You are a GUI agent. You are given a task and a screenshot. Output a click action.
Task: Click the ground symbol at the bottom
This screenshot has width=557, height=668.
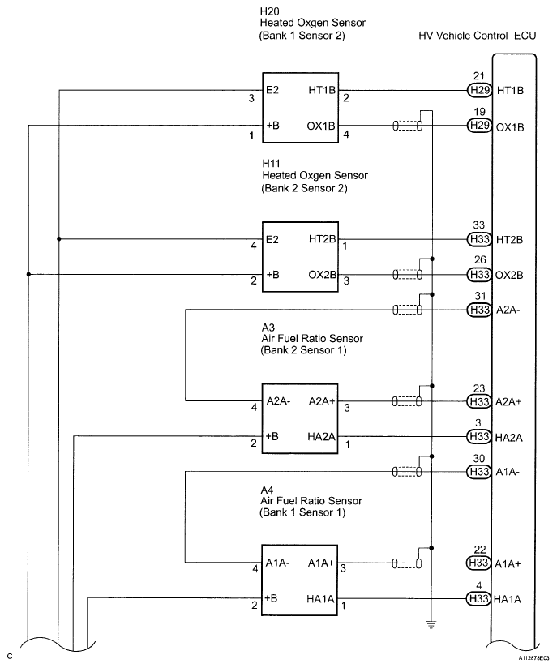[x=431, y=625]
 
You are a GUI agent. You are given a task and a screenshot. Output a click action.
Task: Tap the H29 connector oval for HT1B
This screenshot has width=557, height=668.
[x=479, y=90]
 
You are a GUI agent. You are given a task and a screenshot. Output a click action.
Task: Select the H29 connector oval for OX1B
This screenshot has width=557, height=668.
[x=479, y=126]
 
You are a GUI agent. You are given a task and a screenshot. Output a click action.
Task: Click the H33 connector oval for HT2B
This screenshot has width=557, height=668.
[x=479, y=239]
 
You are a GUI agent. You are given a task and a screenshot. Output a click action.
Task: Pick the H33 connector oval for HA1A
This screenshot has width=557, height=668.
[x=478, y=598]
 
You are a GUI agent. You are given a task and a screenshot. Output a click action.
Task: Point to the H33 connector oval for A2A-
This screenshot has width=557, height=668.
[x=479, y=310]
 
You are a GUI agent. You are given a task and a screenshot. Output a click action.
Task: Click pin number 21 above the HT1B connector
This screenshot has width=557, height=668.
[x=479, y=76]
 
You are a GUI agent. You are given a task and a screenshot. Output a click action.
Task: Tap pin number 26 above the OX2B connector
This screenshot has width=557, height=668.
[x=480, y=259]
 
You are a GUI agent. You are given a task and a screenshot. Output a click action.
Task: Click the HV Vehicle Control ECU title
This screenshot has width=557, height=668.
[x=477, y=36]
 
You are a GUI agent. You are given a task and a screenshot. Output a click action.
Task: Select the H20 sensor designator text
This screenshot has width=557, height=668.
[x=270, y=11]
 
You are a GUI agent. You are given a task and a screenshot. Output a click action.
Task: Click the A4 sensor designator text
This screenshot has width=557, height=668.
[x=268, y=490]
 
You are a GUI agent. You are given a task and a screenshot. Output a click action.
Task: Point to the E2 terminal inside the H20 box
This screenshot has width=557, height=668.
[x=272, y=90]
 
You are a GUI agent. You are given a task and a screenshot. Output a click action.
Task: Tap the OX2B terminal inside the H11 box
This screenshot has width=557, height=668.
[x=322, y=275]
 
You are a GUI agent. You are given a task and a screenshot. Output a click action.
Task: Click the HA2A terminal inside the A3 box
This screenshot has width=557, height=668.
[x=321, y=437]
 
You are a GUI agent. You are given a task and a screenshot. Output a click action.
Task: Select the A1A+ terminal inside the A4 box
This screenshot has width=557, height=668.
[x=321, y=563]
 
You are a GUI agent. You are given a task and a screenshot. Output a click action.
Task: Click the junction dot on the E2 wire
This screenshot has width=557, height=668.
[x=59, y=239]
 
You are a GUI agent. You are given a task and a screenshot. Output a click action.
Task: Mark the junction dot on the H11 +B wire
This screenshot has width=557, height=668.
[x=28, y=274]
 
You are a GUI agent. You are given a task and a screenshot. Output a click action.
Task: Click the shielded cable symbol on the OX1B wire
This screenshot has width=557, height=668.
[x=408, y=126]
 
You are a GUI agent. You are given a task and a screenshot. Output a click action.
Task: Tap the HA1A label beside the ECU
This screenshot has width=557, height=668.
[x=508, y=599]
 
